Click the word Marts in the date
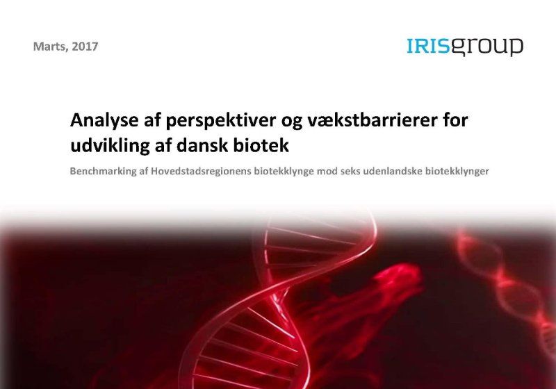tap(49, 47)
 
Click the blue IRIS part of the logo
tap(427, 46)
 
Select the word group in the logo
tap(486, 47)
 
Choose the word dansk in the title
tap(202, 146)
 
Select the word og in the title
tap(291, 123)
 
